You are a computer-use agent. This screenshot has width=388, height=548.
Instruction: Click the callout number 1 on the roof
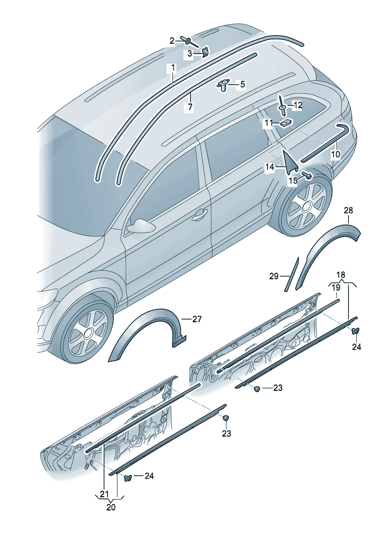pyautogui.click(x=172, y=68)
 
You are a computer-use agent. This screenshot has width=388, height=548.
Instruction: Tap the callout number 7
pyautogui.click(x=190, y=107)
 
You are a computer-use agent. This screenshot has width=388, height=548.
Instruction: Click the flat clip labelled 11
pyautogui.click(x=285, y=123)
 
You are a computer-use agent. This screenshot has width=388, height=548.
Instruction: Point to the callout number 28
pyautogui.click(x=348, y=210)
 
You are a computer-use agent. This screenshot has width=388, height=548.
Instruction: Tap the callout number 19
pyautogui.click(x=336, y=287)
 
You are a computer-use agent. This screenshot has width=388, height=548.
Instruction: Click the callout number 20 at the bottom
pyautogui.click(x=111, y=507)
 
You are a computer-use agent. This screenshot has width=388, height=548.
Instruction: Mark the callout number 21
pyautogui.click(x=104, y=494)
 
